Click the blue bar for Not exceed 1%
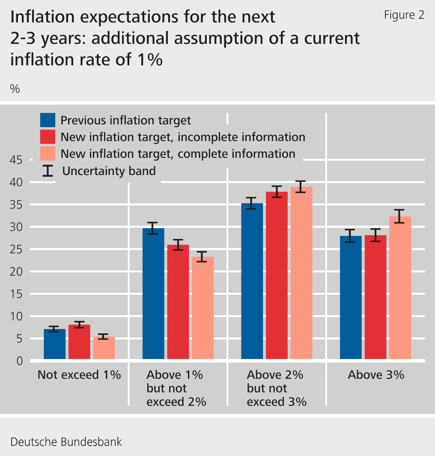(x=54, y=344)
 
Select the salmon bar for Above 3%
(x=400, y=287)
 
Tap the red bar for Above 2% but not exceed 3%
(x=277, y=275)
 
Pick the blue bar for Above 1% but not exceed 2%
(x=153, y=293)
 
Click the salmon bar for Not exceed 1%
(x=104, y=347)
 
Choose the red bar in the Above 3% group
(x=375, y=297)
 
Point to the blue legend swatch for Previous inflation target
(x=48, y=120)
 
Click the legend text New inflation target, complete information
(x=178, y=154)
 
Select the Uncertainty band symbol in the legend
(x=48, y=171)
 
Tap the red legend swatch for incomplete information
(x=48, y=137)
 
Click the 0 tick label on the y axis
(x=20, y=361)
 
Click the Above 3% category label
(x=375, y=375)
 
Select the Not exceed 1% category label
(x=79, y=375)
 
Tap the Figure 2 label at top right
(x=404, y=15)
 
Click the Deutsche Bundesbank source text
(x=66, y=442)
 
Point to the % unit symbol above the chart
(x=15, y=89)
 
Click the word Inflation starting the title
(x=38, y=17)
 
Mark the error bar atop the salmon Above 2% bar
(x=301, y=187)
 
